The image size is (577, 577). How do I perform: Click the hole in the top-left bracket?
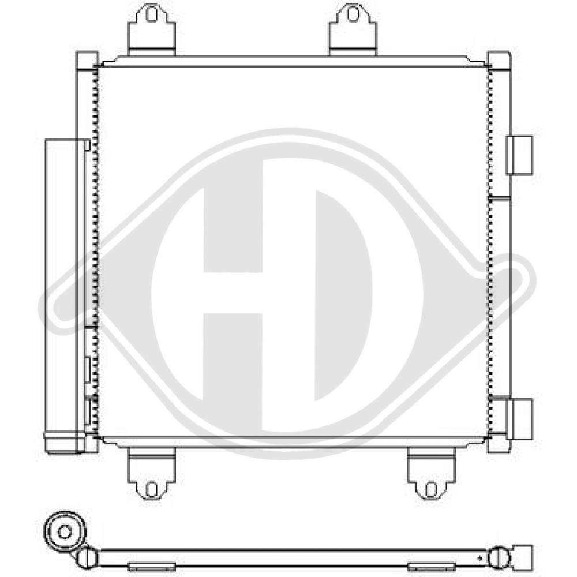[151, 14]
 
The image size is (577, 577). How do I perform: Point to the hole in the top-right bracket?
[352, 14]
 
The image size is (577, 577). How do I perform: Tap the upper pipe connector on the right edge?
[519, 155]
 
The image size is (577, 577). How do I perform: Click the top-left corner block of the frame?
[87, 60]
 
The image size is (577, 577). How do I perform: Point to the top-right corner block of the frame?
[499, 60]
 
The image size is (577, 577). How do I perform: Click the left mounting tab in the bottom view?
[151, 567]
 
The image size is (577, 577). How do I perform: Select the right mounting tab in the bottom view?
[428, 567]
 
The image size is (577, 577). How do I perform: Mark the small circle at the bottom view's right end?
[497, 557]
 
